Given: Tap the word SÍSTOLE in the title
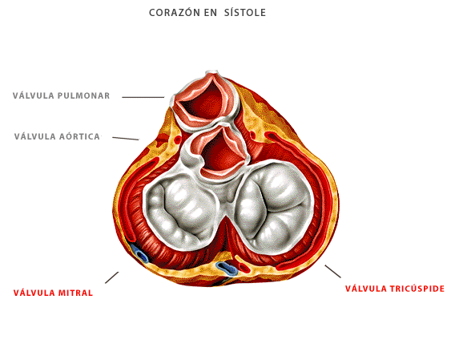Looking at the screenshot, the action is [245, 13].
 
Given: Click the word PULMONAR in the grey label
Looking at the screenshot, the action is [83, 95].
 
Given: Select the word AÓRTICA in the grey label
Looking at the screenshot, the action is [79, 136].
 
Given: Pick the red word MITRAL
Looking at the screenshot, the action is [75, 293].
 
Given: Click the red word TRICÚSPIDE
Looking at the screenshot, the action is [417, 289].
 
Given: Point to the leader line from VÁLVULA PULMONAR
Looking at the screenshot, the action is [143, 97].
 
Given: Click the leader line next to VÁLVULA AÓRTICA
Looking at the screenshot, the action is [126, 139].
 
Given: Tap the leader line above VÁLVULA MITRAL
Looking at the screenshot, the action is [112, 277].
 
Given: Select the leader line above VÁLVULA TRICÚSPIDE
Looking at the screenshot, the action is [332, 271].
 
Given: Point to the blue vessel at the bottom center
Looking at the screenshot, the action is [227, 268].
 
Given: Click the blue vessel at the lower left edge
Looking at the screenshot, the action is [140, 254].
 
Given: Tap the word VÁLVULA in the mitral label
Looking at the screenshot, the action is [34, 293].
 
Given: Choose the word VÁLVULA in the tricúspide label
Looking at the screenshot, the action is [366, 289].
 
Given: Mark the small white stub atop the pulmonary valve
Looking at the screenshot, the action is [211, 72].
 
